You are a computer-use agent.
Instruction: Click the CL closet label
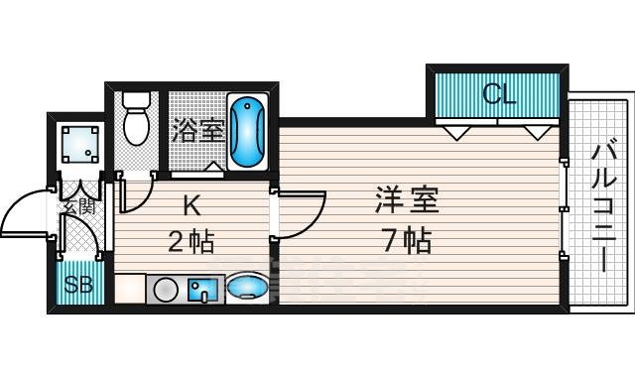pos(499,95)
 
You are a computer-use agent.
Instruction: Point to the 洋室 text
pos(407,198)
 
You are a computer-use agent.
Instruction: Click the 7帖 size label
pos(406,240)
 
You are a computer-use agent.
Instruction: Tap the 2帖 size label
pos(191,241)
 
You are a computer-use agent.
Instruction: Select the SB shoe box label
pos(77,287)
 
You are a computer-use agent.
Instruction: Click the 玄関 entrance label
pos(79,207)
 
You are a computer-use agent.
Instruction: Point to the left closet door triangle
pos(457,132)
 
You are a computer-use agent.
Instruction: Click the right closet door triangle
pos(537,132)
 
